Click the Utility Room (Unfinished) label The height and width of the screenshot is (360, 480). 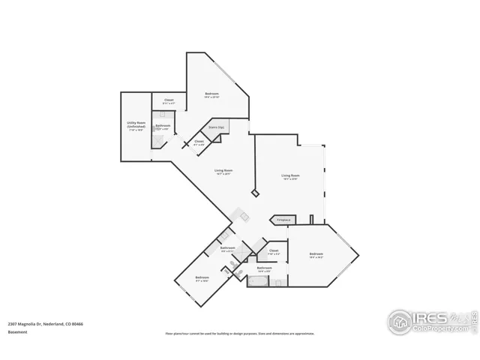136,125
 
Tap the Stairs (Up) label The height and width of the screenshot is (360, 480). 217,127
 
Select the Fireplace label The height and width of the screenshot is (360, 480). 283,220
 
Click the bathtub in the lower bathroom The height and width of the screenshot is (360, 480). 257,283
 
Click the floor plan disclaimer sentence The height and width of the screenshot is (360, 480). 240,334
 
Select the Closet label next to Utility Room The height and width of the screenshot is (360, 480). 169,100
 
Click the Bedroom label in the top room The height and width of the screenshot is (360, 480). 212,94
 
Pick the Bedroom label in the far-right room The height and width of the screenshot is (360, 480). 316,255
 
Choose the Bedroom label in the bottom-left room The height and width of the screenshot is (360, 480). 202,278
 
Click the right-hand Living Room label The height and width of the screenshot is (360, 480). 290,176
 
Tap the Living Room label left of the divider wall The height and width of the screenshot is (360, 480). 223,171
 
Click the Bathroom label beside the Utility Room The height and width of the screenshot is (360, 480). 163,126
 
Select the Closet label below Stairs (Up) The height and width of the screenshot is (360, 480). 199,142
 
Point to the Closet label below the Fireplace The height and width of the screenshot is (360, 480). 274,251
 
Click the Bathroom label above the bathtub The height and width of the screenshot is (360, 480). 263,268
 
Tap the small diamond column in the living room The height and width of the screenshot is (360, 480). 255,193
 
